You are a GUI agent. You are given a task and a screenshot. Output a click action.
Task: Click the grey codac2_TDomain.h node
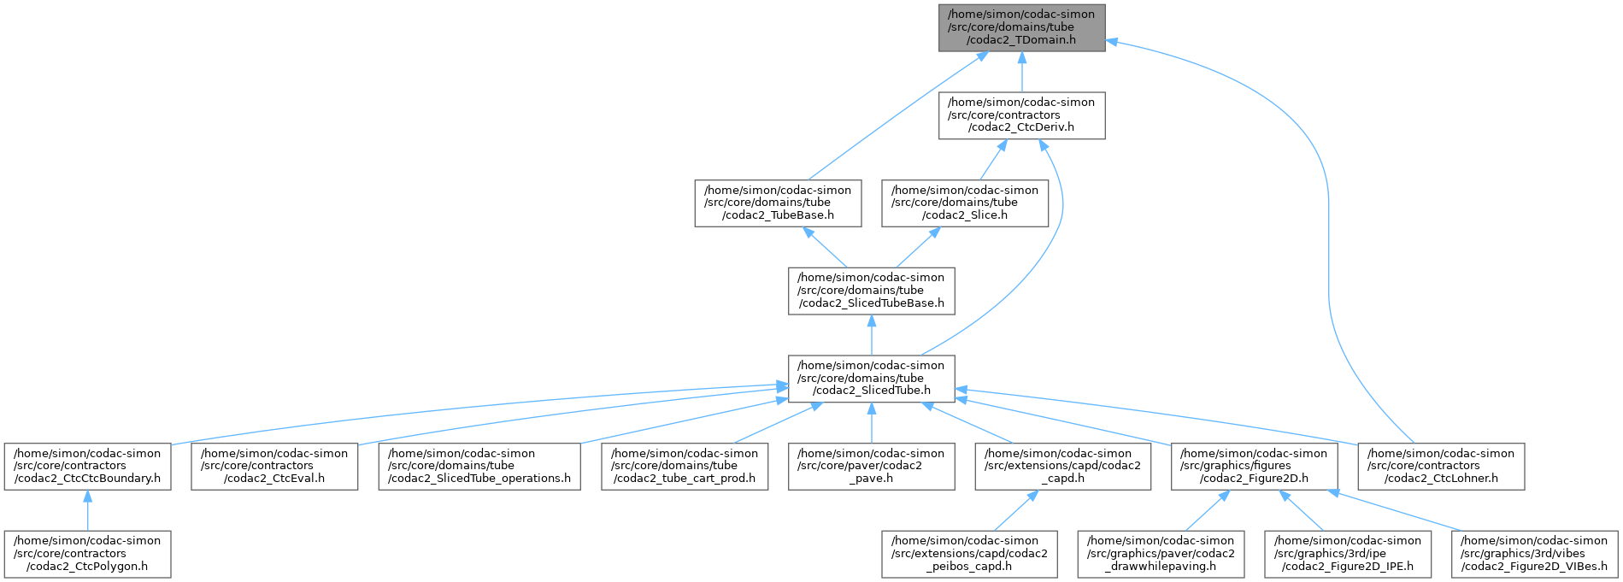(x=1021, y=27)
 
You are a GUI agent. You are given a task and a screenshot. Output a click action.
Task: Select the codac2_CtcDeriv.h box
(x=1021, y=115)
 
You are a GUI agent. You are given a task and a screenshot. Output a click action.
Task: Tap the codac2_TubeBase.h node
(x=777, y=203)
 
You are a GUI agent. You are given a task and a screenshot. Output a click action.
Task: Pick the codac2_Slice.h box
(x=965, y=203)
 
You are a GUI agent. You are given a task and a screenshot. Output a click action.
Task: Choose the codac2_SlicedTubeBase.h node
(x=871, y=291)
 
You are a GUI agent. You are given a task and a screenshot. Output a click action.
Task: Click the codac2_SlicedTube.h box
(x=871, y=379)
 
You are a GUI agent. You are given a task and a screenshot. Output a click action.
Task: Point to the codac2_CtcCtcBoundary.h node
(x=87, y=467)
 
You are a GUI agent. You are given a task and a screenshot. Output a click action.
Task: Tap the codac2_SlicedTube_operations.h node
(x=479, y=467)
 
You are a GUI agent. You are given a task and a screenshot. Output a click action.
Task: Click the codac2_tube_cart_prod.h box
(x=684, y=467)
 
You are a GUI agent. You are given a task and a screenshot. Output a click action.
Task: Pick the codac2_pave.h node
(x=871, y=467)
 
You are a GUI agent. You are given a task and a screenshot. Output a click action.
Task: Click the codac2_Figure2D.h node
(x=1254, y=467)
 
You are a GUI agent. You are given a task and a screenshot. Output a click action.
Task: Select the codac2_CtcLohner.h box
(x=1441, y=467)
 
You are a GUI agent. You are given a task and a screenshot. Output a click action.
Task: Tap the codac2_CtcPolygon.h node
(x=87, y=554)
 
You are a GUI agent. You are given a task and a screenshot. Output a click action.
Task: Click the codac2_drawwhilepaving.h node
(x=1161, y=554)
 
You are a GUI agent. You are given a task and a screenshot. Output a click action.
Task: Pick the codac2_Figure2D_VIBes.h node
(x=1534, y=554)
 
